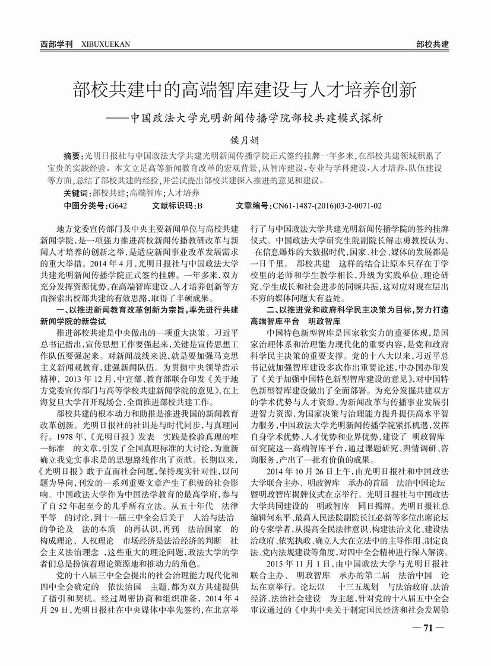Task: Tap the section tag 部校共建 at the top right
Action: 432,44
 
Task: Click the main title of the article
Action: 245,90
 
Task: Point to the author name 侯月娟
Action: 245,139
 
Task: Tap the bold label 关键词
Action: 77,193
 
